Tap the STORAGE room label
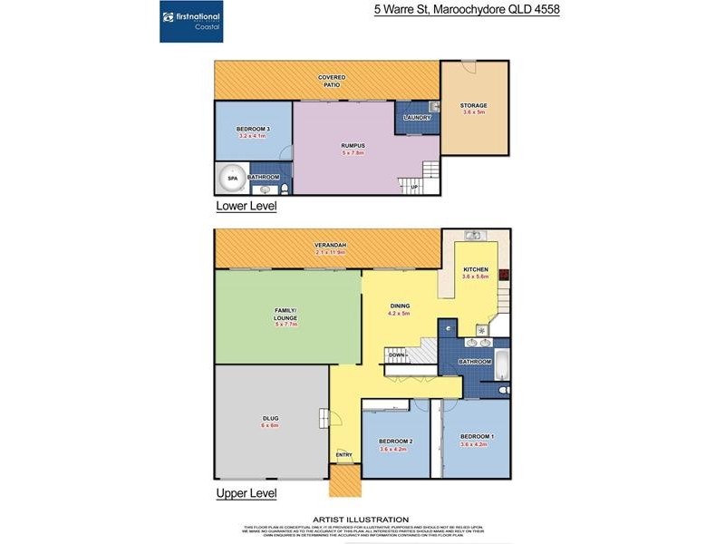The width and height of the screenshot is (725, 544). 474,105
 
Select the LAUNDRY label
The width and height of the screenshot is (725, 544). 417,118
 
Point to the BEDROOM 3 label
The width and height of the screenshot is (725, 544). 253,130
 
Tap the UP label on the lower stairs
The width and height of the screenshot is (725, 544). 414,188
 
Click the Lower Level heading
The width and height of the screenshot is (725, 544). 246,207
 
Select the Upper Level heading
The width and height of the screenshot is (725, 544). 246,494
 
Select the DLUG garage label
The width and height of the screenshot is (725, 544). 270,418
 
